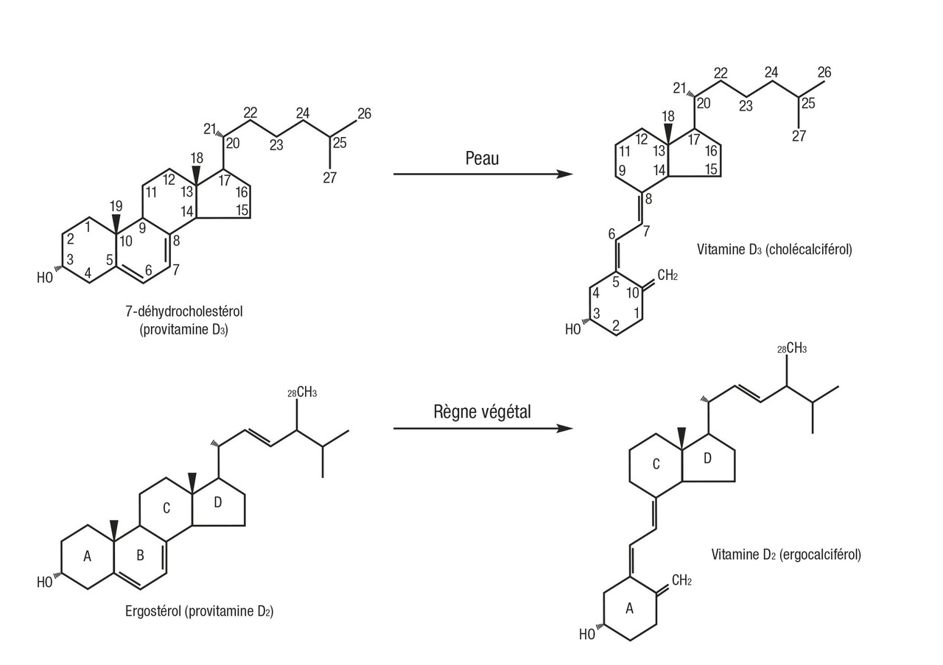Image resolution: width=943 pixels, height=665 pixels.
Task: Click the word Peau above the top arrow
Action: [x=482, y=158]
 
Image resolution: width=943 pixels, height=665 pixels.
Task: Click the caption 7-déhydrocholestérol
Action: [x=183, y=312]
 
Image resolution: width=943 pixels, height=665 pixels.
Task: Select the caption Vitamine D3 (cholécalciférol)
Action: [x=774, y=249]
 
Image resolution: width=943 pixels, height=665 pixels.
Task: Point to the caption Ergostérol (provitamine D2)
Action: [x=199, y=611]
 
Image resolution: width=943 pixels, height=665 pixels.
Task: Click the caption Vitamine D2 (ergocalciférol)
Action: [x=786, y=554]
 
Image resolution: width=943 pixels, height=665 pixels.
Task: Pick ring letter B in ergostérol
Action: [x=140, y=557]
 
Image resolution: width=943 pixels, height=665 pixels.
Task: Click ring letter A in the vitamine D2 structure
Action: [x=629, y=608]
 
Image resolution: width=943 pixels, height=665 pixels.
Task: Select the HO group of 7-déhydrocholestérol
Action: [x=46, y=278]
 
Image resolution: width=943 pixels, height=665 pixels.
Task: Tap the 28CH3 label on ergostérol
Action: [x=302, y=393]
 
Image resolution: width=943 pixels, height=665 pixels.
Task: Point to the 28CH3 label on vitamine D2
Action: [x=792, y=348]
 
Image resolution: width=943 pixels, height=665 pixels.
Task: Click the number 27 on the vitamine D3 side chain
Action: [x=799, y=136]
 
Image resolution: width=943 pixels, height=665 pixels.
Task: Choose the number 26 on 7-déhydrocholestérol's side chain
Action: [x=364, y=113]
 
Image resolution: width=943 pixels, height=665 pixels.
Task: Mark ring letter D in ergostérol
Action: [x=217, y=502]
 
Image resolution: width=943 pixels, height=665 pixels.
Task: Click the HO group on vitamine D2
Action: [x=587, y=634]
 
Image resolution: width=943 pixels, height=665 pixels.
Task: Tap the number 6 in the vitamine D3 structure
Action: [x=611, y=233]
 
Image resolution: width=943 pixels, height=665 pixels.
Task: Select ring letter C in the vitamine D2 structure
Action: [x=656, y=464]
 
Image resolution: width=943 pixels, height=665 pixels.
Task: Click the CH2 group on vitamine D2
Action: [x=681, y=581]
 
